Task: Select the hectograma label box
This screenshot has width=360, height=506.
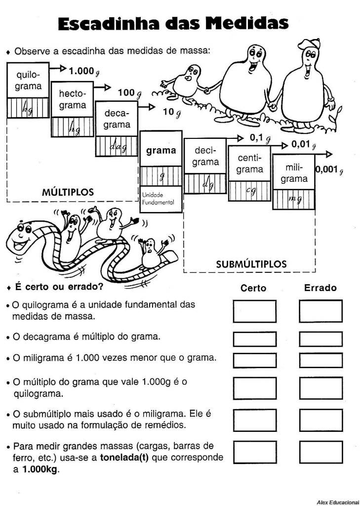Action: pos(72,99)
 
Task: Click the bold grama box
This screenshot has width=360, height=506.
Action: pos(161,150)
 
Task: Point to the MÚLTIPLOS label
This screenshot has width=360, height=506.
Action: pos(68,192)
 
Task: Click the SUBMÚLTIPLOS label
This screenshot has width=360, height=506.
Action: pos(251,264)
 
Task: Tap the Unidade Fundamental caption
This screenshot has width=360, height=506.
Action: pos(158,199)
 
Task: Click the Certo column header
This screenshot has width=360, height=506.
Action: pos(253,288)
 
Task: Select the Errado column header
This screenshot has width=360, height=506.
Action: pos(320,288)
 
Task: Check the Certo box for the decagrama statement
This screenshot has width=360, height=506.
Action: pos(254,339)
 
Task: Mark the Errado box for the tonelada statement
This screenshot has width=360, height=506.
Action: pos(320,452)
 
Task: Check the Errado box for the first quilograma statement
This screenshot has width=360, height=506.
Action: pos(320,311)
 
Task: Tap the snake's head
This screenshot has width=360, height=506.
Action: pos(22,236)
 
